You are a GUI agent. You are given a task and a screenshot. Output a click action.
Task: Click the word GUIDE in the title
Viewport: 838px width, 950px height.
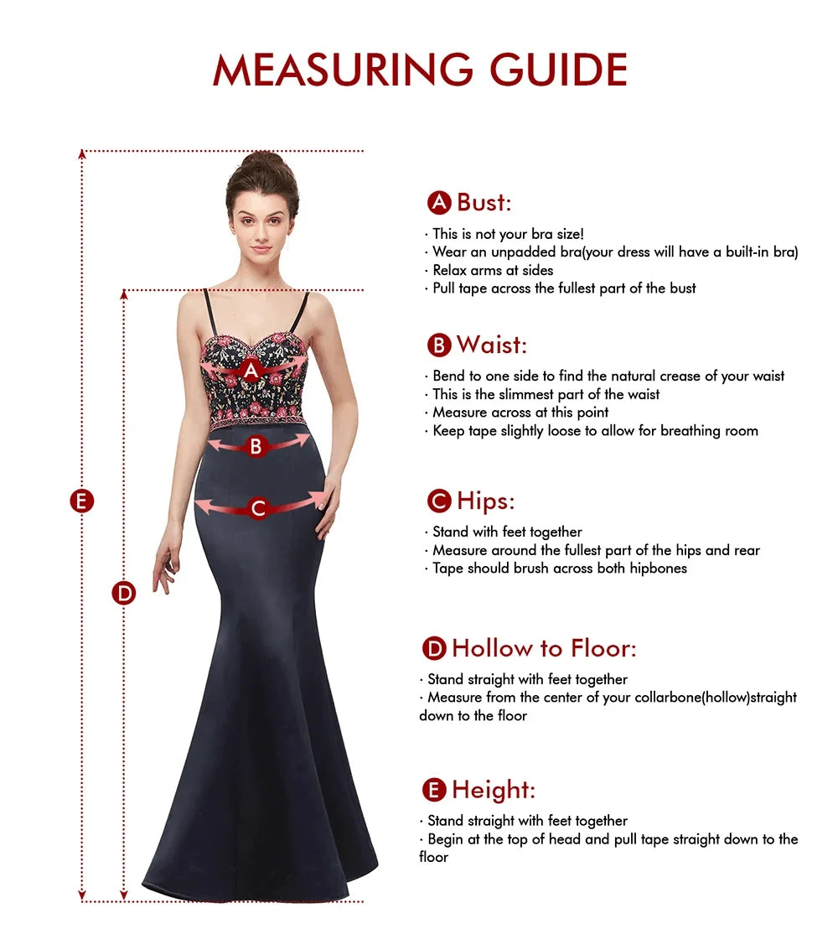tap(559, 70)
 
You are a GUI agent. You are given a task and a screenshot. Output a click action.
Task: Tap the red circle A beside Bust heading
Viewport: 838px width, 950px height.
tap(439, 203)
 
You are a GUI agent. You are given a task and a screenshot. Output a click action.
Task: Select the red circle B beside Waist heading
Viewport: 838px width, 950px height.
tap(439, 345)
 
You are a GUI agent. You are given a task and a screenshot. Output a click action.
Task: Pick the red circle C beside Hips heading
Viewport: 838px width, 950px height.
tap(439, 501)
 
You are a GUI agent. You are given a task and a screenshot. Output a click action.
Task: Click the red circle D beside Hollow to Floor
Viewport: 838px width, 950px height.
tap(434, 648)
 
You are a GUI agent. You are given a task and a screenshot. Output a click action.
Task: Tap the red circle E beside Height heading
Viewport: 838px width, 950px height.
tap(434, 790)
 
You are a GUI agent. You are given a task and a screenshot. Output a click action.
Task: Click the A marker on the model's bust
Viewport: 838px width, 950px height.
tap(251, 370)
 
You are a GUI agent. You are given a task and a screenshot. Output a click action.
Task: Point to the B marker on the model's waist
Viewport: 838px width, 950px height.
tap(256, 447)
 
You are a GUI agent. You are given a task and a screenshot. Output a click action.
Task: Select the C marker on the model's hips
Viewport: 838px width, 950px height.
tap(258, 508)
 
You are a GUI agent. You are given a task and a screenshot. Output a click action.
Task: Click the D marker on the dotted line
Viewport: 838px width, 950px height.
tap(124, 594)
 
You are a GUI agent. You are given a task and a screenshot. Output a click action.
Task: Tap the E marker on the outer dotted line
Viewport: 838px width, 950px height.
tap(81, 501)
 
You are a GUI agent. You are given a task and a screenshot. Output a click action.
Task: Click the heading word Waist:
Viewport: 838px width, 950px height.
tap(492, 345)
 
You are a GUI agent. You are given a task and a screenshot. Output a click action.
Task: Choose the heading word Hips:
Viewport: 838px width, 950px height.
tap(486, 501)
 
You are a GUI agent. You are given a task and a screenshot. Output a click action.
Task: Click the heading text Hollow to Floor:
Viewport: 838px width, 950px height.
tap(544, 648)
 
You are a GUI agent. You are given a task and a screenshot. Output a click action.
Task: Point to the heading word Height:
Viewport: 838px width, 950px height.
tap(494, 790)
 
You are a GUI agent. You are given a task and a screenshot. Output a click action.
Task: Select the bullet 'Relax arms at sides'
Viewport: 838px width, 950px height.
tap(493, 270)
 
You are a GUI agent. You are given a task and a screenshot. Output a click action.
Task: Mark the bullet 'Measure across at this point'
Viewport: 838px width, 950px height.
tap(520, 413)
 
